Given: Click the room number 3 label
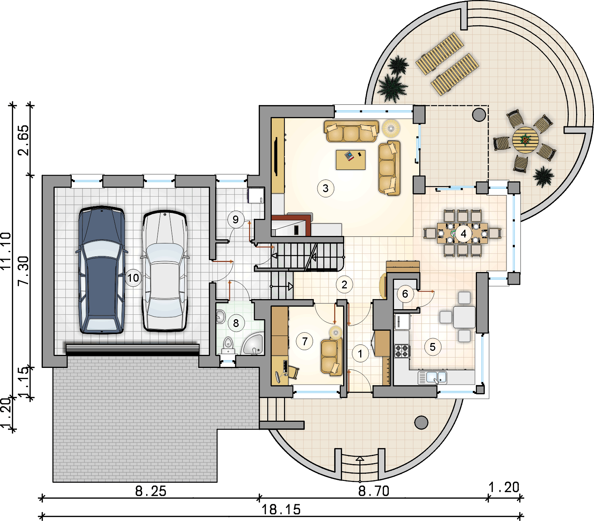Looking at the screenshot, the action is point(326,188).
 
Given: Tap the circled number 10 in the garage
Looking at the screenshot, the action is point(133,278).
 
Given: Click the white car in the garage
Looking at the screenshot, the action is point(165,271).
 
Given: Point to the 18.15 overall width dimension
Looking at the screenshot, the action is point(281,509).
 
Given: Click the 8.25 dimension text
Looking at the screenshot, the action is point(151,491).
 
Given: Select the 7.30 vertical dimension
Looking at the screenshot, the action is point(23,271).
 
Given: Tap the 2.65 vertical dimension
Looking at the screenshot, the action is point(23,140).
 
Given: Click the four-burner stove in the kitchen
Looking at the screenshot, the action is point(402,351).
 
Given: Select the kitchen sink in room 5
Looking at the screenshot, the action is point(433,378).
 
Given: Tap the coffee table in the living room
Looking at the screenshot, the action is point(351,160).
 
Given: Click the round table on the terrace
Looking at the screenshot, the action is point(525,140).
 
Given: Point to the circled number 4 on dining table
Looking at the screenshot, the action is point(464,234).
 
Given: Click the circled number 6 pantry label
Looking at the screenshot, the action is point(405,294).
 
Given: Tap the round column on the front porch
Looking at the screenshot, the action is point(421,422).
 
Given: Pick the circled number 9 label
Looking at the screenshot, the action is point(236,220).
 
